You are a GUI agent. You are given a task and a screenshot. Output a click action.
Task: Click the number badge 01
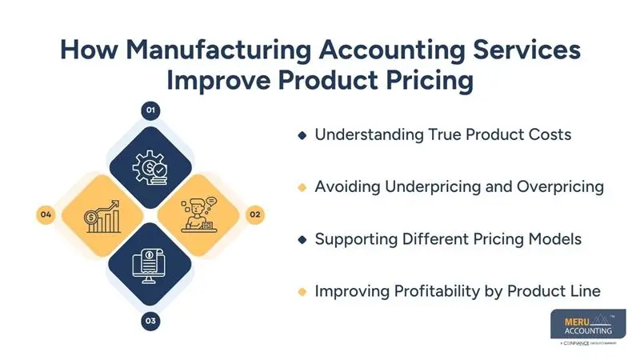pos(150,110)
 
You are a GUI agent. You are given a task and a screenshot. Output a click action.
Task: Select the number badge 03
pos(150,322)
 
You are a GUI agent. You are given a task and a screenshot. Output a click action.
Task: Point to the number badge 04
pos(46,214)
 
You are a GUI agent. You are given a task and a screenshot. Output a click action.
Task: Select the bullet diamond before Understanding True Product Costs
pos(302,135)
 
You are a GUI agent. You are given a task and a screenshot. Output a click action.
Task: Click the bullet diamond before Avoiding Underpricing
pos(302,187)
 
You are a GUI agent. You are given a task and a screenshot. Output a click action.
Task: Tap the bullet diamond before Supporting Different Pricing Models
pos(302,239)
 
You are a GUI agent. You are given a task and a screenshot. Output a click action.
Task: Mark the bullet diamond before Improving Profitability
pos(302,291)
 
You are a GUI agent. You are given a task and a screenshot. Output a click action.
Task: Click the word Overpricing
pos(564,187)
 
